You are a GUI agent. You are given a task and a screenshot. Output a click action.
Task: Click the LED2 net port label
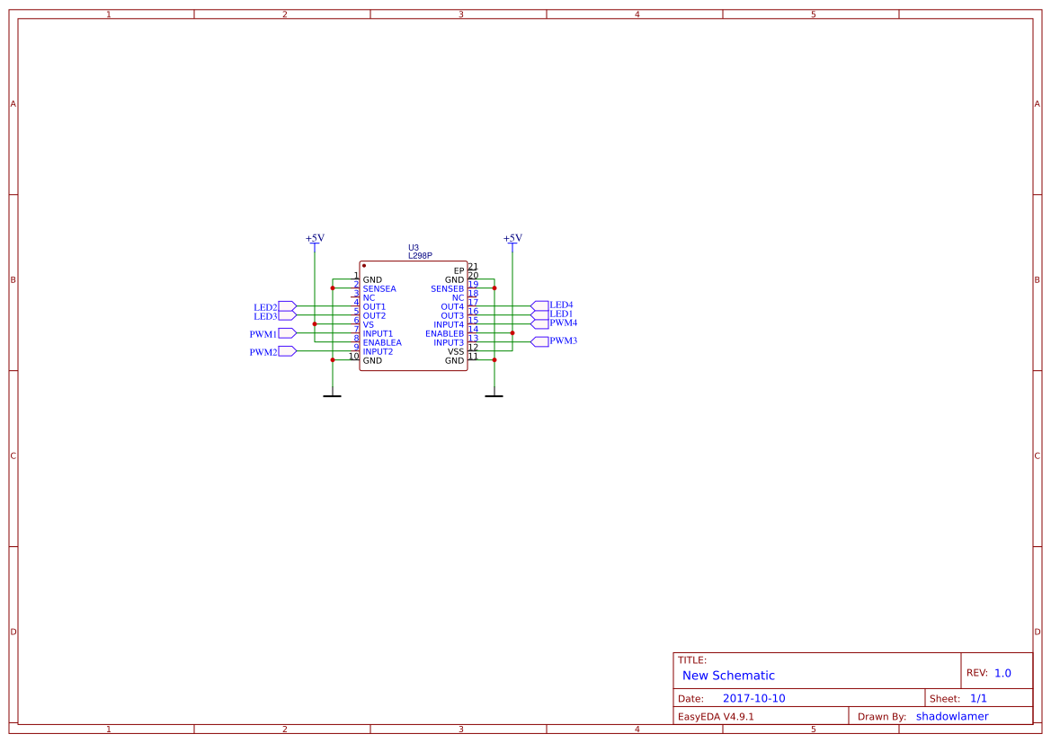(x=265, y=307)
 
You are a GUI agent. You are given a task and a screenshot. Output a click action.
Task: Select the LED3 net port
(x=265, y=316)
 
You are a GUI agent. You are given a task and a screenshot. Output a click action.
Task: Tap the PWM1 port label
(x=263, y=334)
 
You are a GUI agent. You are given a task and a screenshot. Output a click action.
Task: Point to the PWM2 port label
(x=263, y=352)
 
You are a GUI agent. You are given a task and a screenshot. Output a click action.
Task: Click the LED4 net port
(x=561, y=305)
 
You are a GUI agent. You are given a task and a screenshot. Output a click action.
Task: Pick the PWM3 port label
(x=563, y=341)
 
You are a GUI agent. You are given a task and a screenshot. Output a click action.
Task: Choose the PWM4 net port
(x=563, y=323)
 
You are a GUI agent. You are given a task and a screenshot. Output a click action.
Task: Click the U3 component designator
(x=414, y=247)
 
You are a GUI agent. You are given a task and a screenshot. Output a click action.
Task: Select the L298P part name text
(x=420, y=256)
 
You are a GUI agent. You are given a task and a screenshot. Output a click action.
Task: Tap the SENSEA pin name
(x=379, y=289)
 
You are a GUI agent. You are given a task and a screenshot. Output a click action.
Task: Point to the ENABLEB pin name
(x=444, y=334)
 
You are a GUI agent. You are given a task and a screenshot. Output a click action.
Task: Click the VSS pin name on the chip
(x=456, y=352)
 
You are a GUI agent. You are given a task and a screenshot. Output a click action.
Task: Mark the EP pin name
(x=459, y=270)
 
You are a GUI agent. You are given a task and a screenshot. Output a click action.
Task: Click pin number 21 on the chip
(x=473, y=267)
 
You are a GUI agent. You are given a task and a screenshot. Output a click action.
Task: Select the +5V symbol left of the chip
(x=315, y=239)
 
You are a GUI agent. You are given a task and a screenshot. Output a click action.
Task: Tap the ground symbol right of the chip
(x=494, y=394)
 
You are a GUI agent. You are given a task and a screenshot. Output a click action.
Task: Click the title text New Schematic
(x=728, y=676)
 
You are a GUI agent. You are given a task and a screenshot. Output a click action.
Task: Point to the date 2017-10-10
(x=753, y=698)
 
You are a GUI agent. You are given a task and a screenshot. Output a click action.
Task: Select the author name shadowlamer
(x=952, y=716)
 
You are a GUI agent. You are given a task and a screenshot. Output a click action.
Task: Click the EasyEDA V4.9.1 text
(x=716, y=717)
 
